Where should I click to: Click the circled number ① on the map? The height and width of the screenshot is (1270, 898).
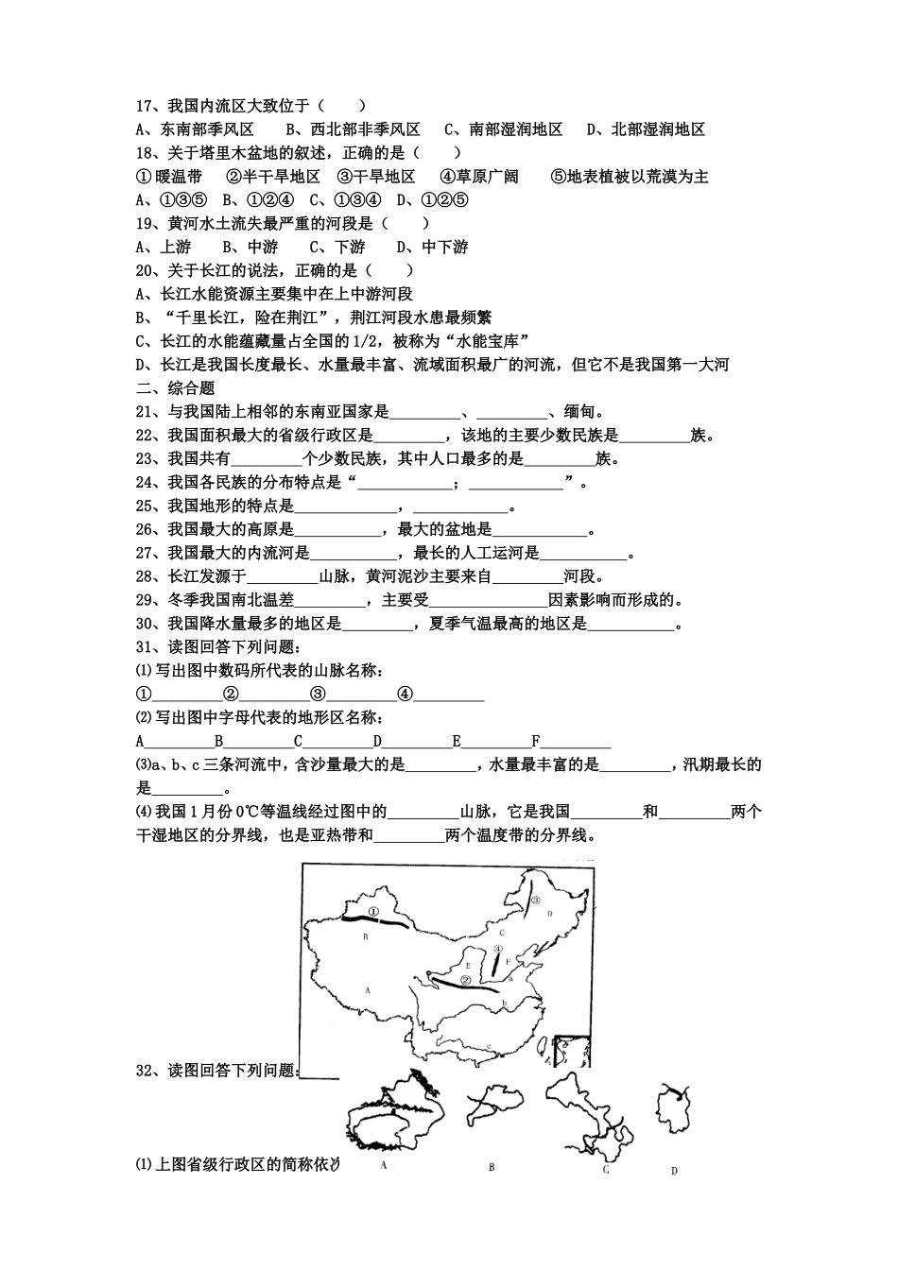374,911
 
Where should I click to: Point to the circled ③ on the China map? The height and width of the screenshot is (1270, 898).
535,901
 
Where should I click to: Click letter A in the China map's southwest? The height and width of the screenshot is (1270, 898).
367,988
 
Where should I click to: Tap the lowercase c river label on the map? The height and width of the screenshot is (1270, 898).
489,1044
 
